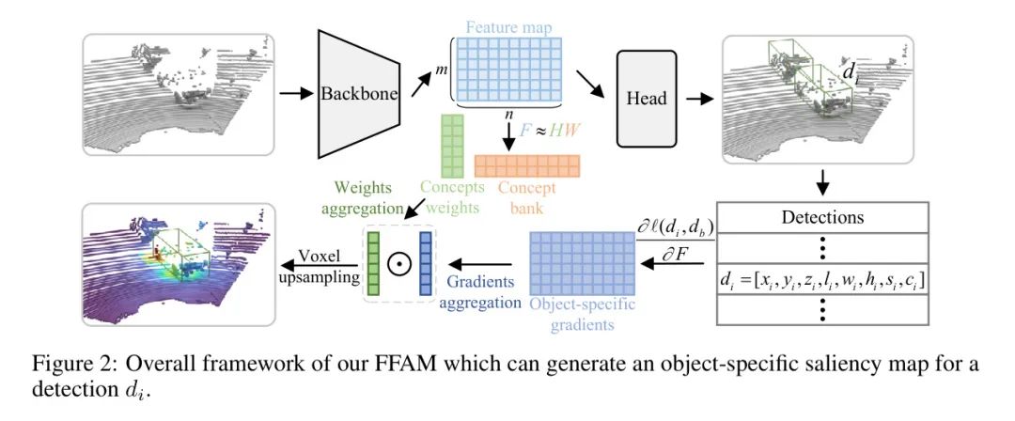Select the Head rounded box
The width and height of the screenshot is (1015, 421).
point(648,99)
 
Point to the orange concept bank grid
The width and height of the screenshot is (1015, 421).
point(527,166)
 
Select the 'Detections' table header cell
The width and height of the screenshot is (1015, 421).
point(823,217)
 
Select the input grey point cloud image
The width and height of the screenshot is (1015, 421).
point(179,94)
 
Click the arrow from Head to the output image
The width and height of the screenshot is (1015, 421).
point(700,97)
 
